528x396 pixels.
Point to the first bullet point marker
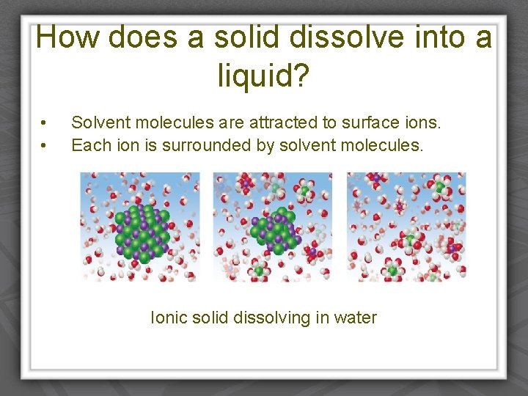45,122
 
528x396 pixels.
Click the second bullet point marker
45,145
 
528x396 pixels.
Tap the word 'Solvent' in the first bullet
99,122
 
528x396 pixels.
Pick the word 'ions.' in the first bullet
422,122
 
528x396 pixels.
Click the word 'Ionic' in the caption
168,318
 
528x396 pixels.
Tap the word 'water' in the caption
355,318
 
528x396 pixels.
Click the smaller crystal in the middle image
273,230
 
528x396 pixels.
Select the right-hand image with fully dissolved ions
406,227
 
